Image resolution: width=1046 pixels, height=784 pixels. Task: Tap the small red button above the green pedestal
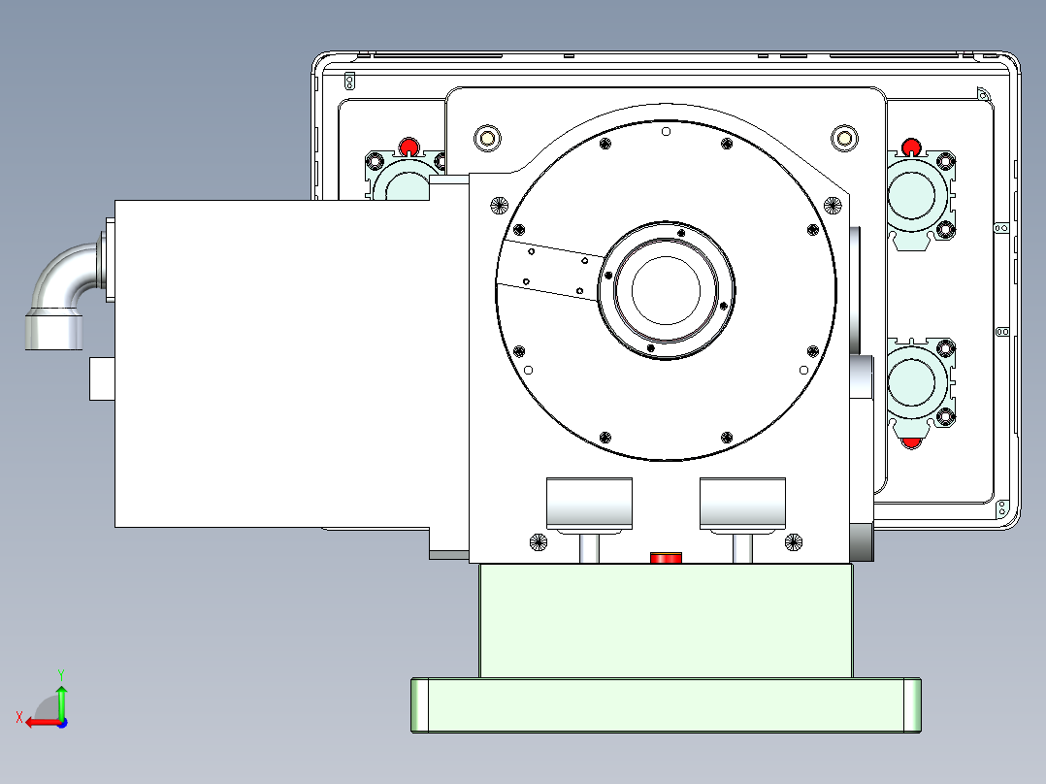pos(666,557)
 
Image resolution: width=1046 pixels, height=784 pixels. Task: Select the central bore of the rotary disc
pos(666,290)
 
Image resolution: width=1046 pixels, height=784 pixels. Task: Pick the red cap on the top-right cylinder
pos(910,147)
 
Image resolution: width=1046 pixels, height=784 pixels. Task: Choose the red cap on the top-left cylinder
pos(409,147)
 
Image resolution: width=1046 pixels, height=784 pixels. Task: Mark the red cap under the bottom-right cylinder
pos(911,442)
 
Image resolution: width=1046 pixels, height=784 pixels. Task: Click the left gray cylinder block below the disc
pos(589,503)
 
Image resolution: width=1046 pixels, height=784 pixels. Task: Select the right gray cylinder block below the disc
pos(742,503)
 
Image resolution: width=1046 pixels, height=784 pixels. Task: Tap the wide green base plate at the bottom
pos(666,704)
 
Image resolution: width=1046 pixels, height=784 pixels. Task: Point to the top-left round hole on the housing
pos(486,138)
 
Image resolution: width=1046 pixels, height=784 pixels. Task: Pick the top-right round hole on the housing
pos(843,138)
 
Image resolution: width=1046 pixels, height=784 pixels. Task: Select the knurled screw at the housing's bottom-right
pos(794,542)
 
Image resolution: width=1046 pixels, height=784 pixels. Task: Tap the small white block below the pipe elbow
pos(102,378)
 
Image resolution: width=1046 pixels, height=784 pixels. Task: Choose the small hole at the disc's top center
pos(666,131)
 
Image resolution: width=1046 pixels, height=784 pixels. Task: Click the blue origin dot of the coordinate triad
pos(61,722)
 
